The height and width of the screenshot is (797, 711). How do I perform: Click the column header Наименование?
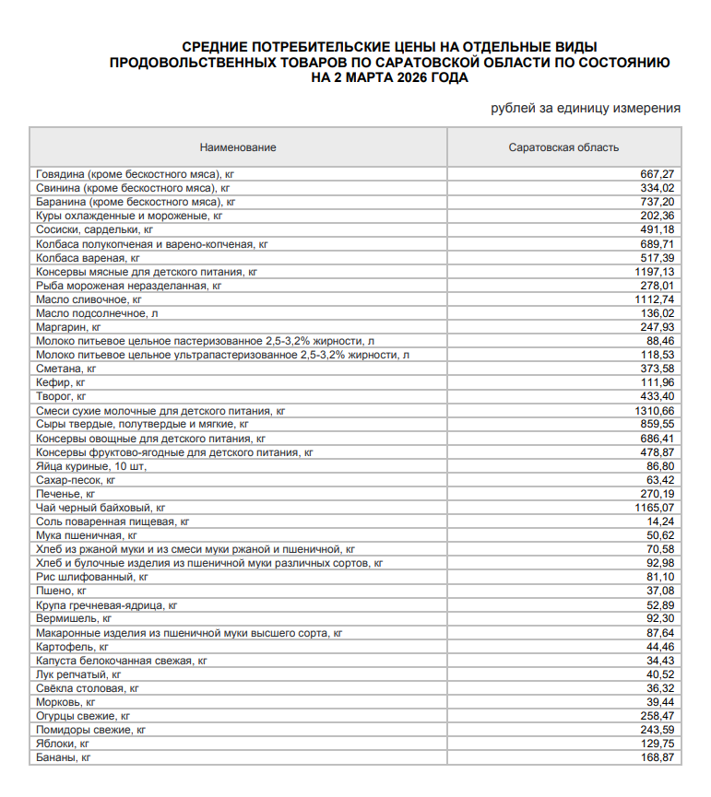[238, 147]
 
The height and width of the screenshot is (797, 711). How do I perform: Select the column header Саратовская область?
[563, 147]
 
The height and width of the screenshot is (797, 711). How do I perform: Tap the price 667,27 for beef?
[658, 174]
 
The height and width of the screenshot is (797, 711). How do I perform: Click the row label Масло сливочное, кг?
[89, 300]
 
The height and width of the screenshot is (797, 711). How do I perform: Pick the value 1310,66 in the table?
[655, 411]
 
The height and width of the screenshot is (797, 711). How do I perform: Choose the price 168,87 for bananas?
[658, 757]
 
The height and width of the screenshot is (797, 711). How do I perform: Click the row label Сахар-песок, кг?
[75, 480]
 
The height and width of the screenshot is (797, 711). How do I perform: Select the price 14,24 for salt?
[661, 522]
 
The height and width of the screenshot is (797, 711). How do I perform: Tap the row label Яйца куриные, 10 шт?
[90, 466]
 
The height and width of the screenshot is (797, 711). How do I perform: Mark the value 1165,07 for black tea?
[655, 508]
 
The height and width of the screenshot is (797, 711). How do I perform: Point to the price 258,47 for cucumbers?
[658, 716]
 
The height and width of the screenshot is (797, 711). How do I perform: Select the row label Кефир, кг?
[61, 382]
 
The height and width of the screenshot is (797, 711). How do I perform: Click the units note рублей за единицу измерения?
[586, 108]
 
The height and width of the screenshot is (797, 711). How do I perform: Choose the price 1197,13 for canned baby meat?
[655, 272]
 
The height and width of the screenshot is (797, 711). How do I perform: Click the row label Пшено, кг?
[61, 591]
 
